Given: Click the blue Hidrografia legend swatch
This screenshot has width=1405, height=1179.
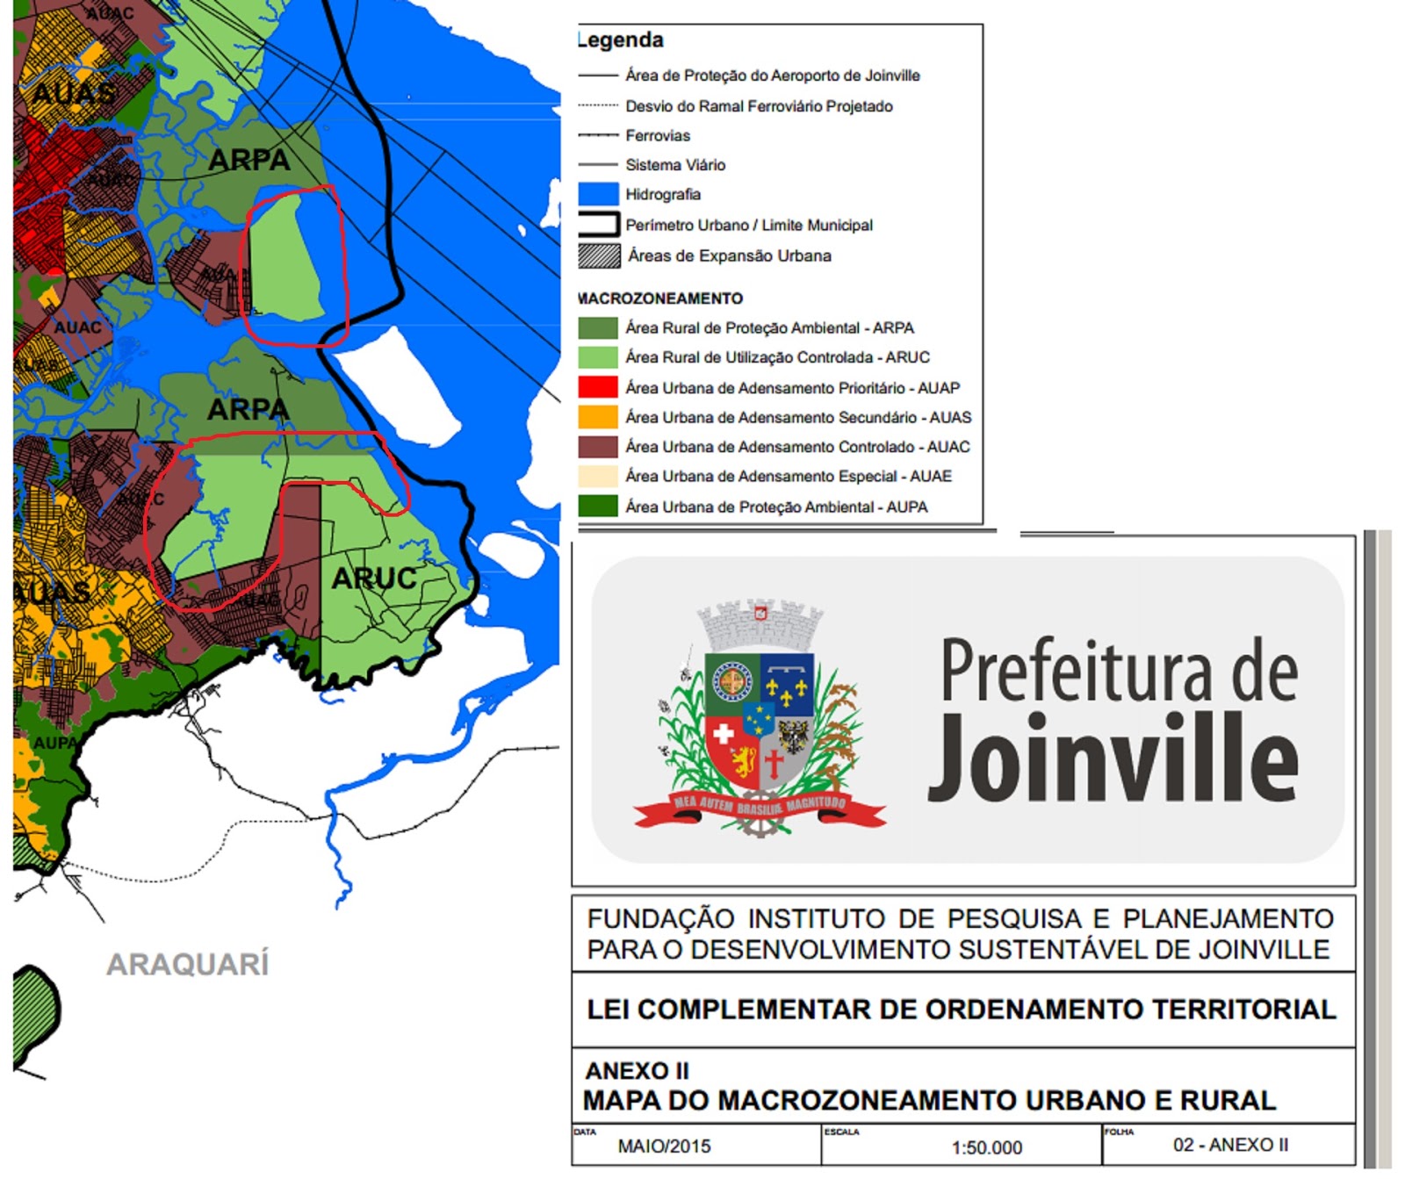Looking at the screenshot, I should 598,194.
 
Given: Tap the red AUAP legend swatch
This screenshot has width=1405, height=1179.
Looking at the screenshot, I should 598,387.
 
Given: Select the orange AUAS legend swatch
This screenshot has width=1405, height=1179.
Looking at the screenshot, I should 598,417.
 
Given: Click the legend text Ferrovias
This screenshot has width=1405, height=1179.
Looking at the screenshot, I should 658,135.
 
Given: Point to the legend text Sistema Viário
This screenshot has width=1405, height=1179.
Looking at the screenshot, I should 675,165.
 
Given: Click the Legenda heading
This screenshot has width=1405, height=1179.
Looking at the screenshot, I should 621,40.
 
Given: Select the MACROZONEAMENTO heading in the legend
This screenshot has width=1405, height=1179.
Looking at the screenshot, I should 660,298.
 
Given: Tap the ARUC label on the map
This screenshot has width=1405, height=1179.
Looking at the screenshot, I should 374,578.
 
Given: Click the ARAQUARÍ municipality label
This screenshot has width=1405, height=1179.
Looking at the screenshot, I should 187,964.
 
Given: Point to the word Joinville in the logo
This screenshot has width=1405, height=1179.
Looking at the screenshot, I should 1113,758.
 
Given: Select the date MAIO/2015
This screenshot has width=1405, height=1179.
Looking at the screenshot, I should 664,1147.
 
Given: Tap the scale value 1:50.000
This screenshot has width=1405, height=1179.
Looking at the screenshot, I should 986,1147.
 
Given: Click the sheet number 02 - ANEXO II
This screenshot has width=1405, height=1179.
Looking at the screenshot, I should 1230,1145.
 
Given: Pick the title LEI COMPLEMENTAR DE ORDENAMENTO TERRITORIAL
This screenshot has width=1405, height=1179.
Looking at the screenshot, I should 962,1010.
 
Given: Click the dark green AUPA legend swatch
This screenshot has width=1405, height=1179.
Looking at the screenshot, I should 598,507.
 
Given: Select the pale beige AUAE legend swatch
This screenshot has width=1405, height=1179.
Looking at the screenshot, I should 598,477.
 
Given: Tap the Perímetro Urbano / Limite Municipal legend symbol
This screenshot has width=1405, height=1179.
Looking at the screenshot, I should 599,225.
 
